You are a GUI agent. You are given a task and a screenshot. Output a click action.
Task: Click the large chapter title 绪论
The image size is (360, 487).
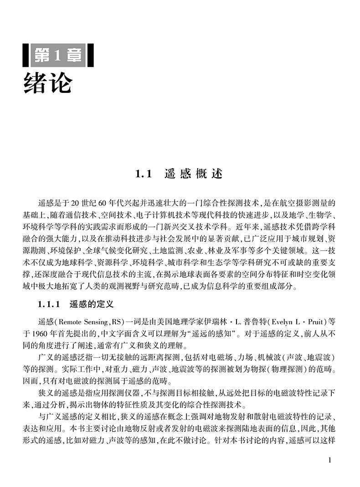tap(48, 82)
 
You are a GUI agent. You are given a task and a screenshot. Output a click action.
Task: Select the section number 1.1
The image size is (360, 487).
tap(143, 174)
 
